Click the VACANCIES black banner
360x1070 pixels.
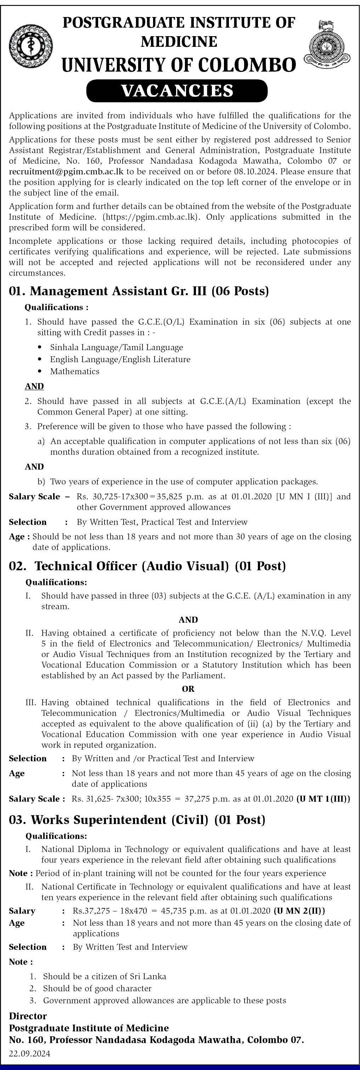177,90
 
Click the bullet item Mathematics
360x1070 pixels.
75,371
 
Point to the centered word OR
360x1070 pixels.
188,689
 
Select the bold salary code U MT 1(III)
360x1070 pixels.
323,799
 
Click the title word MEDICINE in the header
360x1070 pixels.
179,41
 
